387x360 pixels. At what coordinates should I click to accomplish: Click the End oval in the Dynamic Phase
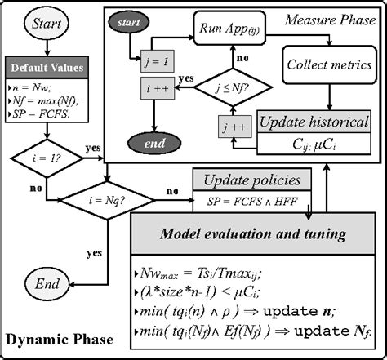click(47, 283)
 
